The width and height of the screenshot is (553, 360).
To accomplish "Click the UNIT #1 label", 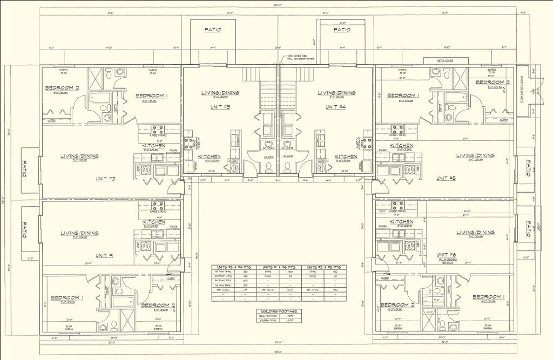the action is (105, 255).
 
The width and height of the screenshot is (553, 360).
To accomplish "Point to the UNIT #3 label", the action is (220, 107).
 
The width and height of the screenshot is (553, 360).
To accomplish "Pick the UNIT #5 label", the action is (446, 178).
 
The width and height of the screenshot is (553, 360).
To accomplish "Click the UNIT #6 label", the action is (446, 254).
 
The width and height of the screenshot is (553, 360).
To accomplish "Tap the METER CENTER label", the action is (442, 60).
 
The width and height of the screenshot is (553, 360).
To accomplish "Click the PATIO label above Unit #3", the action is (212, 30).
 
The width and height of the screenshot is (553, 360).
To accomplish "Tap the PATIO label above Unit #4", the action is (342, 30).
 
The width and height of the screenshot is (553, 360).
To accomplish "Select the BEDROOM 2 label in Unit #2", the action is (62, 87).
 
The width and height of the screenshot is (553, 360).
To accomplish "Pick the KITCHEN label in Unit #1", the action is (154, 222).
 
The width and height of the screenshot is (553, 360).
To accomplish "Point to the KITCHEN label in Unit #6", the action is (401, 222).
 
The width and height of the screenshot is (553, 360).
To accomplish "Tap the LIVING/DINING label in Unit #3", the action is (220, 93).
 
